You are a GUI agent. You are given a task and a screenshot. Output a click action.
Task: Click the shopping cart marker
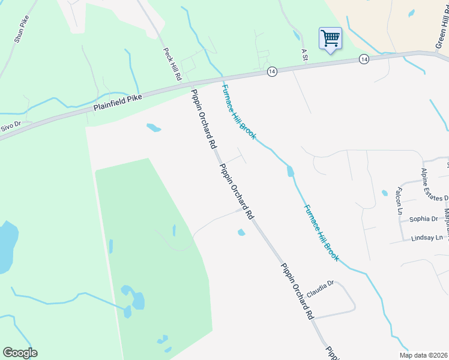click(x=330, y=40)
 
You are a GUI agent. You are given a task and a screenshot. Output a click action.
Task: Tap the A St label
click(x=304, y=55)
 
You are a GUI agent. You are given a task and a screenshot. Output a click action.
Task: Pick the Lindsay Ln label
click(x=426, y=238)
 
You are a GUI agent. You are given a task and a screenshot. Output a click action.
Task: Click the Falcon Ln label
click(x=398, y=201)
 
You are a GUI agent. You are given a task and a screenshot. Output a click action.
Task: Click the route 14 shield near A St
click(x=273, y=71)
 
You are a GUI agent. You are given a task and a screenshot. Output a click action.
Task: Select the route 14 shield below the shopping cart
click(x=364, y=59)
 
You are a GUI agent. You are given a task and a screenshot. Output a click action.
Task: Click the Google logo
click(x=20, y=353)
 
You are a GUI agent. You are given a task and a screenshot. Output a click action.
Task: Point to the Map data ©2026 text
click(x=423, y=355)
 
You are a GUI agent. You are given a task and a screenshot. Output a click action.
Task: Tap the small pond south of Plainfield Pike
click(x=154, y=127)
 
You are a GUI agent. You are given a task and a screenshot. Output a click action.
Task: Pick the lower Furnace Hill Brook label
click(x=321, y=233)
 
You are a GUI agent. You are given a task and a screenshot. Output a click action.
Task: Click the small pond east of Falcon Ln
click(x=384, y=193)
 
